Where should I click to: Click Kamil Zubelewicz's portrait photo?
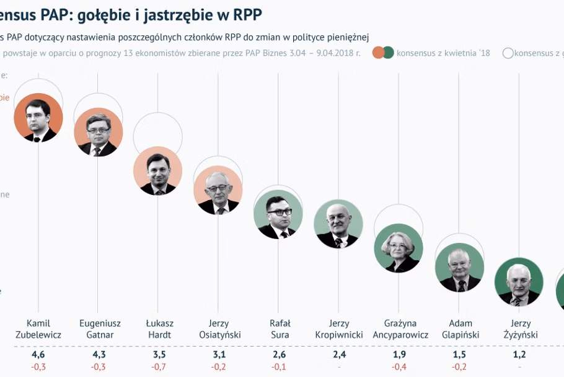click(x=38, y=118)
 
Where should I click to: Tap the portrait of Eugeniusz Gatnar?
click(x=98, y=132)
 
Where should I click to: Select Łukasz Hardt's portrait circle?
click(x=158, y=171)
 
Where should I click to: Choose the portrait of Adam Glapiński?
click(x=459, y=268)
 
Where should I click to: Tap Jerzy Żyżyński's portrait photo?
click(x=519, y=281)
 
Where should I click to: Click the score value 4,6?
click(x=38, y=355)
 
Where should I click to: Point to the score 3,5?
click(x=159, y=355)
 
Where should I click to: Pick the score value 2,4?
click(x=338, y=355)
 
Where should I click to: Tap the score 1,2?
click(x=519, y=355)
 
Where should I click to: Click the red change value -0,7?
click(x=159, y=366)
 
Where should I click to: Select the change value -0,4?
click(x=399, y=366)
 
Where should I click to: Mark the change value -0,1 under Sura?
click(x=279, y=366)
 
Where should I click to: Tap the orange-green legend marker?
click(x=383, y=53)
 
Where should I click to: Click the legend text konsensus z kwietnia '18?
click(x=443, y=53)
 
